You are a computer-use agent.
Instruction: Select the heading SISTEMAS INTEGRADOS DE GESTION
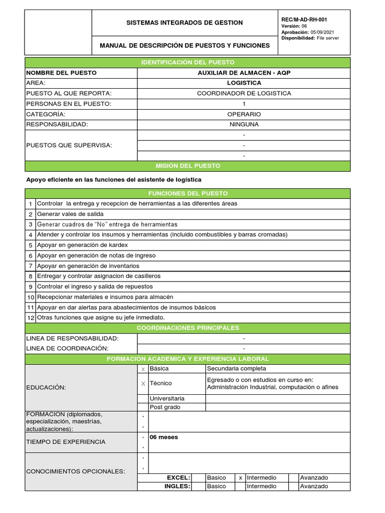coord(184,23)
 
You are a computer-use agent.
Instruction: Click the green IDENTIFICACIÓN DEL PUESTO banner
coord(188,62)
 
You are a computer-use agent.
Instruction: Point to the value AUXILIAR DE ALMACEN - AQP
coord(244,73)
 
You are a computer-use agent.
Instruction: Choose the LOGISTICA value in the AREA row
coord(244,83)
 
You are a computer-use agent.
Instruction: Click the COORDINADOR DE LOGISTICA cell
coord(244,93)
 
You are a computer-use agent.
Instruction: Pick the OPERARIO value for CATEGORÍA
coord(244,114)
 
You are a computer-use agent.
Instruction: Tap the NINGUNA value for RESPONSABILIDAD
coord(244,124)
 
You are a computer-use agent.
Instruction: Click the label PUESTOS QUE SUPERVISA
coord(69,145)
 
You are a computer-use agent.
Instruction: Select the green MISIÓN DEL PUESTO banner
coord(188,166)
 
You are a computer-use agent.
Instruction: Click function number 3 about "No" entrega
coord(107,224)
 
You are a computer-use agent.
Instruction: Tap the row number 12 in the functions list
coord(31,318)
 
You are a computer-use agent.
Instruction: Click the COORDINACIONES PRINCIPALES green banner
coord(188,328)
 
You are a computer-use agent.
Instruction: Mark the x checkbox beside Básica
coord(143,369)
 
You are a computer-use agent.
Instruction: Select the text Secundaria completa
coord(233,369)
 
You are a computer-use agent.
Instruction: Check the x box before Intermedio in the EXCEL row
coord(241,478)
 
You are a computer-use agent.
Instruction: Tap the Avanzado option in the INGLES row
coord(314,486)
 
